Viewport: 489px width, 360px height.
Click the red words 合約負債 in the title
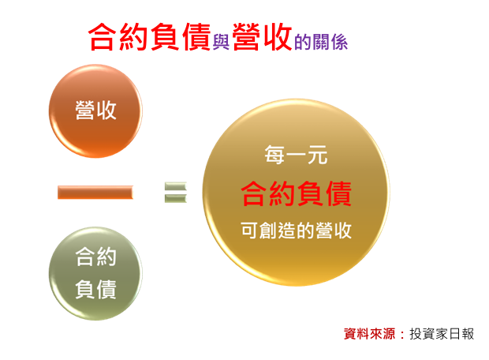click(149, 37)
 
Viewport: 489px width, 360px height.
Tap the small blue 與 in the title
click(221, 42)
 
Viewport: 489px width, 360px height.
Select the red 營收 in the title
click(262, 37)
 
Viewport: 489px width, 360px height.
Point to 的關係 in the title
click(321, 42)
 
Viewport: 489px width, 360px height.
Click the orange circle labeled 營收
click(95, 111)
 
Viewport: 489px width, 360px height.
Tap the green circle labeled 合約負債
click(95, 273)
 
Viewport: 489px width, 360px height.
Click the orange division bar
click(95, 192)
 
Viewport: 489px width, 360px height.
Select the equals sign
click(176, 193)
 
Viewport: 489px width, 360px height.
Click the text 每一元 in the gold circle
click(296, 155)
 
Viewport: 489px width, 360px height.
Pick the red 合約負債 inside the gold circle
click(296, 193)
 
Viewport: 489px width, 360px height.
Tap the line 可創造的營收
click(296, 231)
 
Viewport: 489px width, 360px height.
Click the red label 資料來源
click(370, 333)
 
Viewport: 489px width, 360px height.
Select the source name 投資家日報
click(442, 333)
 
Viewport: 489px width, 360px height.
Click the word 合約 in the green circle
click(95, 257)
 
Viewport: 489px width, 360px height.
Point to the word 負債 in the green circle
click(95, 289)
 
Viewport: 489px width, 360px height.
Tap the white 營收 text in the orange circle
click(95, 111)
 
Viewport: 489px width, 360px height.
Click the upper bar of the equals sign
click(176, 187)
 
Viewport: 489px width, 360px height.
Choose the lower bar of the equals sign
click(176, 199)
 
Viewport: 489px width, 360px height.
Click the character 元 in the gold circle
click(318, 155)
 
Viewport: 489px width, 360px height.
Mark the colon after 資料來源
click(402, 334)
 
